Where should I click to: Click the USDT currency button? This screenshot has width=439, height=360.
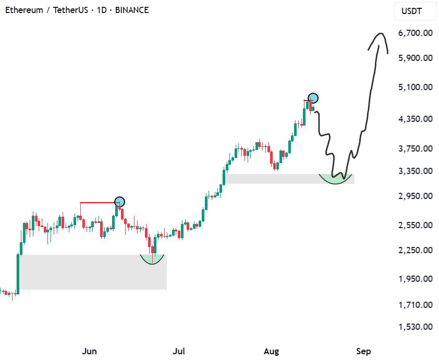point(412,10)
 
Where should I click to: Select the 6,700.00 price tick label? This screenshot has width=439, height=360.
point(416,33)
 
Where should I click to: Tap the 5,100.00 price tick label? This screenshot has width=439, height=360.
point(416,87)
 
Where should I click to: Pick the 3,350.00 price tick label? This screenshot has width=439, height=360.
point(416,171)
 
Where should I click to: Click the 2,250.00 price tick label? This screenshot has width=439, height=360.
point(416,250)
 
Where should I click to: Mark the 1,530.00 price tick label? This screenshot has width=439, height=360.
point(416,327)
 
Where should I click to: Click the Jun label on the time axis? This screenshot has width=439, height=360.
point(89,351)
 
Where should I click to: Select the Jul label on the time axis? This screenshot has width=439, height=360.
point(179,351)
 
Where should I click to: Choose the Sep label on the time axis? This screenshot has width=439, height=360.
point(363,351)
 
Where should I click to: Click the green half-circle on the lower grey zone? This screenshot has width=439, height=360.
point(152,259)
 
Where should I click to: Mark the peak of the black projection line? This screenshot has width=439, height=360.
point(380,34)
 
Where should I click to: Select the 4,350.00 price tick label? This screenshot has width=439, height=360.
point(416,119)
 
